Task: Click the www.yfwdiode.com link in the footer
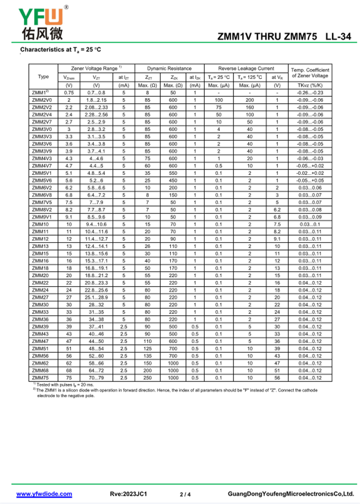(x=44, y=494)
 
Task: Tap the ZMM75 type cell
(x=40, y=378)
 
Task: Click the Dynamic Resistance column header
(x=169, y=68)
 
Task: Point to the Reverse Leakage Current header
(x=246, y=68)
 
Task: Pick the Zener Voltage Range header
(x=96, y=68)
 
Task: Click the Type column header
(x=43, y=76)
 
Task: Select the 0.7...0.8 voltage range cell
(x=96, y=93)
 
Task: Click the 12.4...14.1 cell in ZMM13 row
(x=96, y=246)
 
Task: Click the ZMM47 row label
(x=40, y=341)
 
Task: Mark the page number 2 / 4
(x=185, y=495)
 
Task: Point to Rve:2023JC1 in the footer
(x=129, y=494)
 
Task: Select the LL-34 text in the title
(x=337, y=37)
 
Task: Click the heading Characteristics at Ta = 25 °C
(x=61, y=49)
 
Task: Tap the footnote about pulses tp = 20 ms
(x=65, y=385)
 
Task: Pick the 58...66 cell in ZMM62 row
(x=96, y=363)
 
